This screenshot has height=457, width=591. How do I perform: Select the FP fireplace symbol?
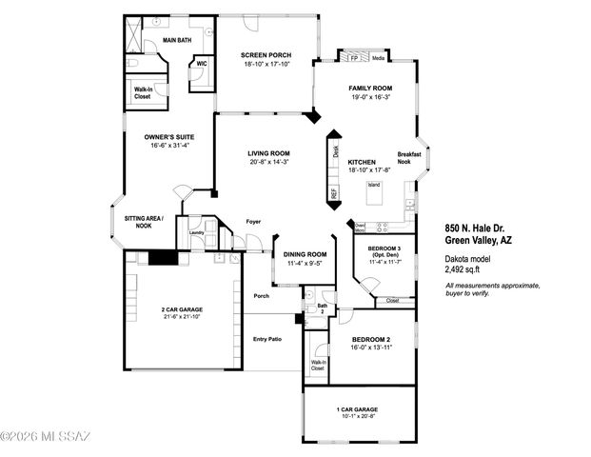tap(354, 57)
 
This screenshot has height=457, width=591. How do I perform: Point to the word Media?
tap(379, 58)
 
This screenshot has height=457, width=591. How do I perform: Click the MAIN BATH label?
tap(179, 41)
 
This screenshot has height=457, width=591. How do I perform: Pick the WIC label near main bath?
tap(201, 64)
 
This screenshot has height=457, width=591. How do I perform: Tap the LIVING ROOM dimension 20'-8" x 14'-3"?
tap(268, 162)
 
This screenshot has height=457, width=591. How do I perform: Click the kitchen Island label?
tap(374, 184)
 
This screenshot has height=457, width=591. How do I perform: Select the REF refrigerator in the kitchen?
tap(334, 193)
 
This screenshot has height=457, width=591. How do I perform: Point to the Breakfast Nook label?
tap(409, 158)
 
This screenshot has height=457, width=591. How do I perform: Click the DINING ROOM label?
tap(305, 254)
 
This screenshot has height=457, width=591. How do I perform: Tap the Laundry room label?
tap(197, 231)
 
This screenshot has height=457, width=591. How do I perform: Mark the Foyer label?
tap(253, 222)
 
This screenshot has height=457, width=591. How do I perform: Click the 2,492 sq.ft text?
tap(466, 268)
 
